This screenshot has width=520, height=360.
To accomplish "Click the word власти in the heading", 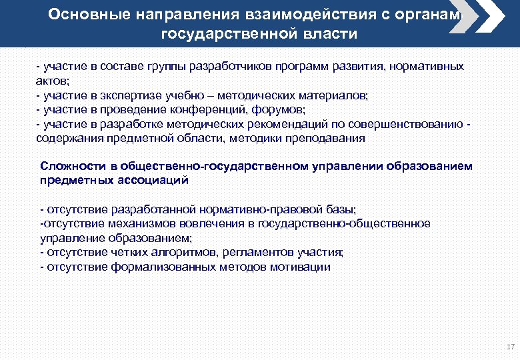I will [332, 33].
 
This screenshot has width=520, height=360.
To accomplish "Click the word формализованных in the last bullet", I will [150, 267].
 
